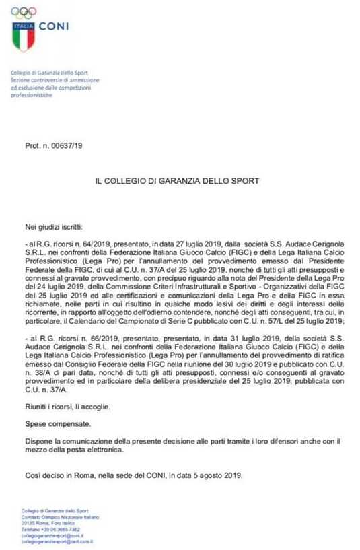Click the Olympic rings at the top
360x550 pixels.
24,11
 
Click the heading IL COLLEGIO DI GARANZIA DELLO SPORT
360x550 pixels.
178,181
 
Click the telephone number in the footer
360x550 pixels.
63,530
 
